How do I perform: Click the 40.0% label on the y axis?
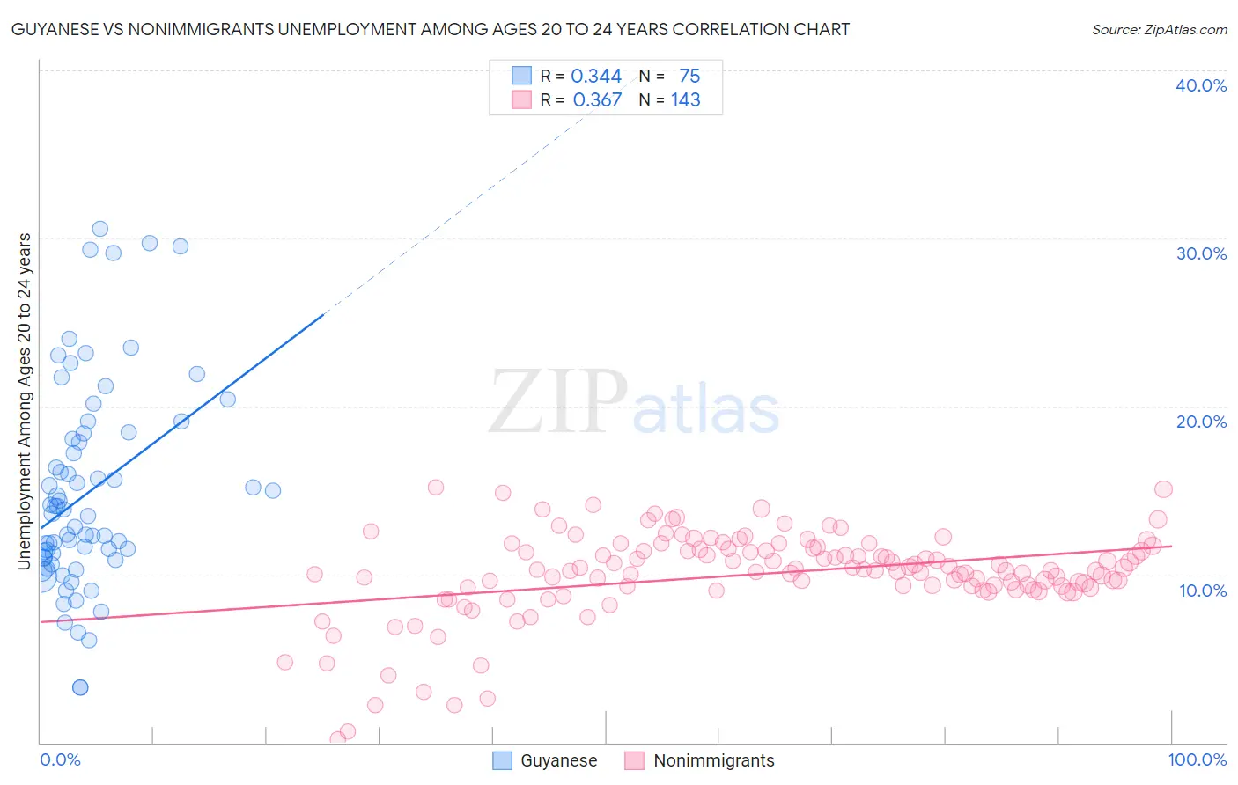[1201, 85]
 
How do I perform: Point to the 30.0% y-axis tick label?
[1201, 253]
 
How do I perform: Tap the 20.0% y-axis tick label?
[1201, 422]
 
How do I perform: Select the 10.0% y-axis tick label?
[1203, 591]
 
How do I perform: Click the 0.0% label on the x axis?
[60, 759]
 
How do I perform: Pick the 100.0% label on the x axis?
[1197, 759]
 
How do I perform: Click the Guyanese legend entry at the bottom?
[558, 760]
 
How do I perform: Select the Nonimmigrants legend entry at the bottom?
[713, 760]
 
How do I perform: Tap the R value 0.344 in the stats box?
[596, 77]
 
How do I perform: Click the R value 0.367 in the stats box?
[597, 100]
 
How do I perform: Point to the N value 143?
[685, 100]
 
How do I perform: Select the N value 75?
[689, 77]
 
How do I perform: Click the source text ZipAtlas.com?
[1159, 30]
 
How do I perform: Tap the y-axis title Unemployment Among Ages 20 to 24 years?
[25, 400]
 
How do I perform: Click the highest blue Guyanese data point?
[100, 229]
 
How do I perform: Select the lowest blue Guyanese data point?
[80, 687]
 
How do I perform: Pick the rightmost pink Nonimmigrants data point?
[1163, 489]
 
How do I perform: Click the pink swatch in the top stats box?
[522, 99]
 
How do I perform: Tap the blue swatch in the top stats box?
[522, 76]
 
